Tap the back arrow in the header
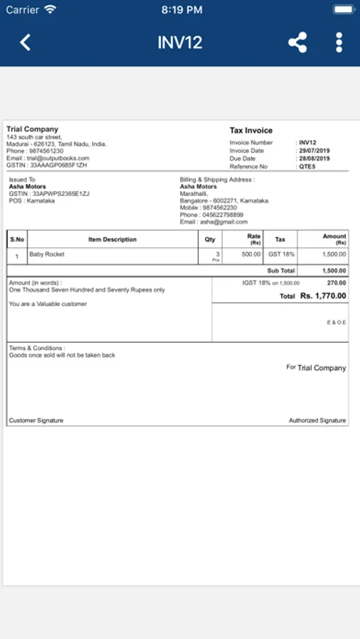[x=26, y=42]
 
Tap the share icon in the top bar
[x=298, y=42]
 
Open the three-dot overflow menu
[x=339, y=42]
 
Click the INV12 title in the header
[x=180, y=42]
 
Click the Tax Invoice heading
[x=251, y=131]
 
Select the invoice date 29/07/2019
[x=314, y=151]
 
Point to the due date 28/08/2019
[x=314, y=158]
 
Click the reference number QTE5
[x=307, y=167]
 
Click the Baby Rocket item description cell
[x=47, y=253]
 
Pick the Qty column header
[x=210, y=239]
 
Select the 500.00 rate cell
[x=251, y=253]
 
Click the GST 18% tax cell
[x=281, y=253]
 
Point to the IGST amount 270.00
[x=336, y=283]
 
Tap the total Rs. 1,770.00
[x=323, y=295]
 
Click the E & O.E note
[x=337, y=322]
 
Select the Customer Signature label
[x=36, y=420]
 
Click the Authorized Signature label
[x=317, y=420]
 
